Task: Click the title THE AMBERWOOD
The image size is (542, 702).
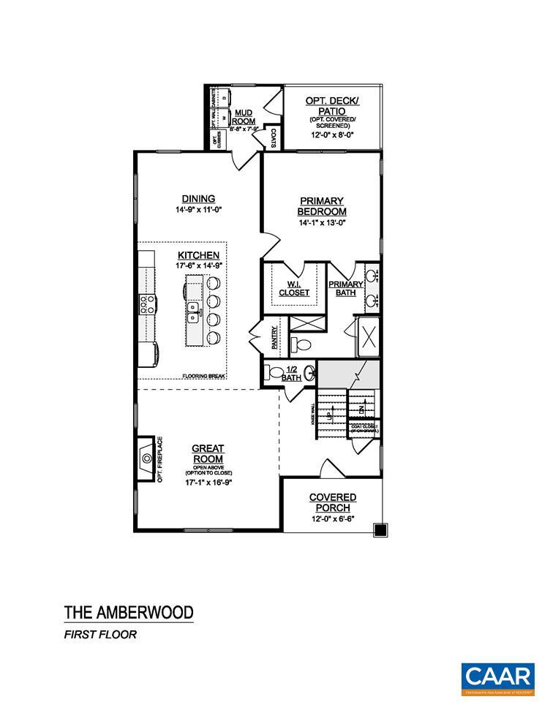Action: pos(128,611)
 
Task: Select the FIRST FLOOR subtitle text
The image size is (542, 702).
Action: pos(99,634)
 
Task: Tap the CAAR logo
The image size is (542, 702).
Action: pos(498,675)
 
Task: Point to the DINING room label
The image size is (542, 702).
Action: pos(198,198)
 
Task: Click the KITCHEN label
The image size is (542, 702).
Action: pos(198,254)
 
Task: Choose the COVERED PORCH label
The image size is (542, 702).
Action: pos(332,502)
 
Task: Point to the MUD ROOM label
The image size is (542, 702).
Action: pos(244,116)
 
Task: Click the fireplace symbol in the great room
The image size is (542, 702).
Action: pos(146,458)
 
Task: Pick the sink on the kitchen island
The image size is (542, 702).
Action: pos(195,313)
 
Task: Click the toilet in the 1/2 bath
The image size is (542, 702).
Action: pos(276,373)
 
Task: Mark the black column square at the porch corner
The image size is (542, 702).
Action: pos(379,529)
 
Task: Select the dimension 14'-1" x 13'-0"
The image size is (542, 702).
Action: pos(320,222)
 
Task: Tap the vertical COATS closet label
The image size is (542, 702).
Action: pos(273,137)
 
